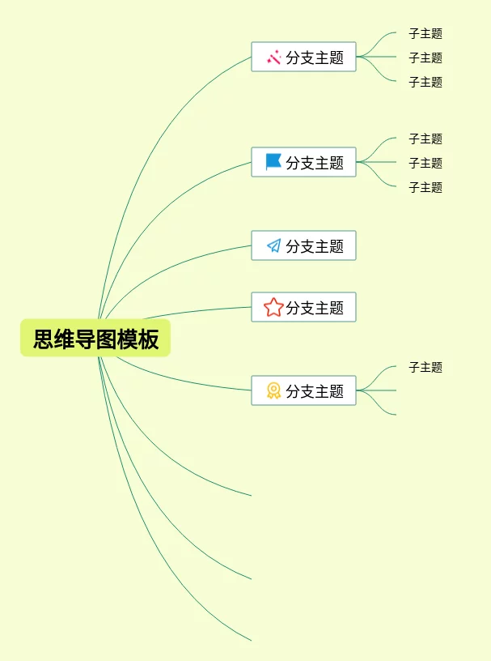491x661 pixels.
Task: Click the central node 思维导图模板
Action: pyautogui.click(x=95, y=339)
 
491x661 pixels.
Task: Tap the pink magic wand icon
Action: pyautogui.click(x=274, y=57)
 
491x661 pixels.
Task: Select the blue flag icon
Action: pyautogui.click(x=273, y=162)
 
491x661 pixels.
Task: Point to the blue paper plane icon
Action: pyautogui.click(x=274, y=245)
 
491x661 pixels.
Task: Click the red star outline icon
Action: pyautogui.click(x=273, y=307)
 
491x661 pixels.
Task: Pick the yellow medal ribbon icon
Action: pyautogui.click(x=273, y=390)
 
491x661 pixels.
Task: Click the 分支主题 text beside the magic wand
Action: pyautogui.click(x=315, y=58)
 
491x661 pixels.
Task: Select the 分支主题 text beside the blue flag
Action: pyautogui.click(x=315, y=163)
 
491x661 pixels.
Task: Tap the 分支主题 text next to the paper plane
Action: pyautogui.click(x=315, y=246)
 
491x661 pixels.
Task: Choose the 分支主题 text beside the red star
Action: pyautogui.click(x=315, y=308)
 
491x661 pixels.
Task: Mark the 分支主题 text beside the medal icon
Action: pyautogui.click(x=315, y=391)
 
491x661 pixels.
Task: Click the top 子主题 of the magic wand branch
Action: pyautogui.click(x=425, y=34)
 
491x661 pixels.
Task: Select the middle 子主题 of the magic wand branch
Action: pyautogui.click(x=425, y=58)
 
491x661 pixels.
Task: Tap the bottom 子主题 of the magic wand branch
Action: pyautogui.click(x=425, y=82)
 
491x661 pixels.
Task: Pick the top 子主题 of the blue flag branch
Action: pyautogui.click(x=425, y=139)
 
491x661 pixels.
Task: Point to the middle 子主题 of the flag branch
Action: pyautogui.click(x=425, y=163)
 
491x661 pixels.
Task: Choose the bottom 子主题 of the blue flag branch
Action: pyautogui.click(x=425, y=187)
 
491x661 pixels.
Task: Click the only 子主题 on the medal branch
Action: pyautogui.click(x=425, y=367)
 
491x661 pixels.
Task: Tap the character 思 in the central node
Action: pyautogui.click(x=44, y=339)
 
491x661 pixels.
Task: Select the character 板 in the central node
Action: pyautogui.click(x=149, y=339)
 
